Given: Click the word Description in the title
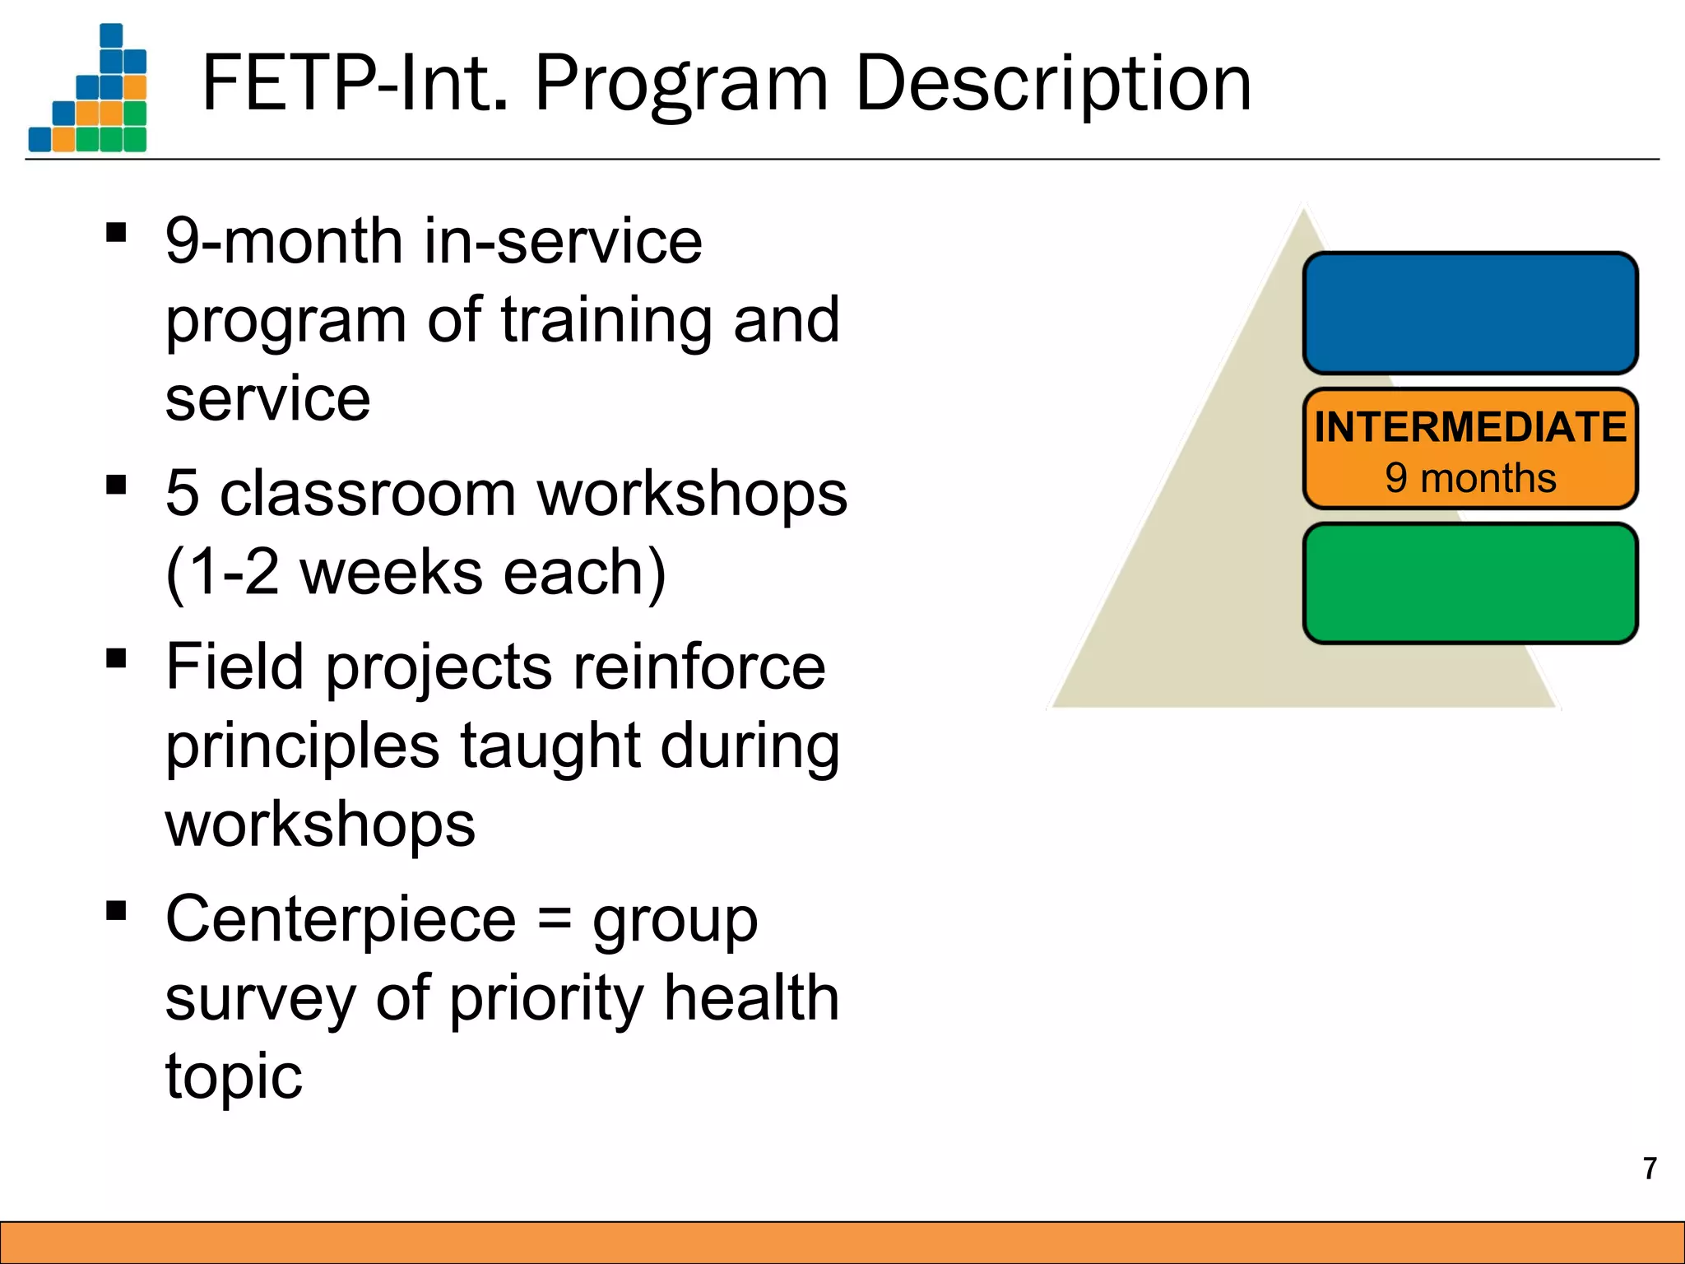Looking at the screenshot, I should (1053, 84).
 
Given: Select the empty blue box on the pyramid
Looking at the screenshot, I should (1470, 314).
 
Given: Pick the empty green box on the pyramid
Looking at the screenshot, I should (1470, 583).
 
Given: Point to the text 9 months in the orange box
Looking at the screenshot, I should (1470, 478).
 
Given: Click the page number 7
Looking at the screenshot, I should (1650, 1169).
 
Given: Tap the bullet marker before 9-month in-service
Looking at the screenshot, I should (117, 233).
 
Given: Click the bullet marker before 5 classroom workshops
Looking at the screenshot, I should (117, 485).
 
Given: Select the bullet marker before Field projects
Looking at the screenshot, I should (117, 658).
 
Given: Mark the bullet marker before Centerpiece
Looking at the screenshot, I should (117, 910).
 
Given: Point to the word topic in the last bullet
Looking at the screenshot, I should (234, 1076).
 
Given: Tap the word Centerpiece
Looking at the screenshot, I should (341, 919).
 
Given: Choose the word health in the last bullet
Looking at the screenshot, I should (751, 997).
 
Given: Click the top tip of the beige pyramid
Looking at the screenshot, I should (1303, 211).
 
